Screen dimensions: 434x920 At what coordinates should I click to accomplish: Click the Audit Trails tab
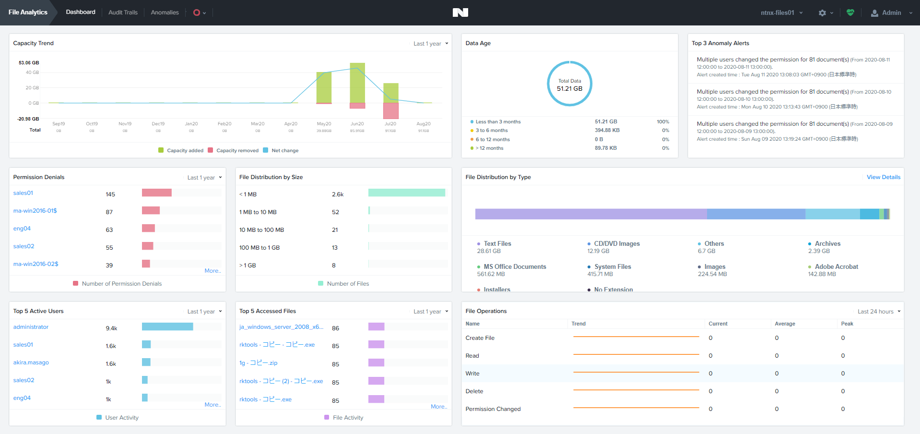tap(123, 12)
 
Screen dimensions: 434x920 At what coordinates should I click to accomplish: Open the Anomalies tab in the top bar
tap(165, 12)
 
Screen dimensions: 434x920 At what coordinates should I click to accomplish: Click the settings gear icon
tap(822, 13)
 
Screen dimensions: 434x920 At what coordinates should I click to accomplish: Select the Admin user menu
tap(891, 13)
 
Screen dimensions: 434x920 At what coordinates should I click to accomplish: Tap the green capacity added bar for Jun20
tap(357, 83)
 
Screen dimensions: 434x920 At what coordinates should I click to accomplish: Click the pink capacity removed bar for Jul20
tap(391, 111)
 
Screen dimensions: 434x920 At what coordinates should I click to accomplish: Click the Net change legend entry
tap(284, 151)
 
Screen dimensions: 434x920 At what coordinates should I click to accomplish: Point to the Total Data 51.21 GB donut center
tap(569, 84)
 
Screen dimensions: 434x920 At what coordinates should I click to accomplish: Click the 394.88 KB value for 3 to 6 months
tap(607, 131)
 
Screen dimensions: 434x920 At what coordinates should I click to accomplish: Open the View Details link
tap(883, 177)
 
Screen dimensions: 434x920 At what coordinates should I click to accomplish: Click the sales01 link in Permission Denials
tap(23, 193)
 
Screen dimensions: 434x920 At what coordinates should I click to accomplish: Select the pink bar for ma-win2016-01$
tap(151, 210)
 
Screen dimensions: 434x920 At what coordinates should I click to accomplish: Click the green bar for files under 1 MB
tap(406, 193)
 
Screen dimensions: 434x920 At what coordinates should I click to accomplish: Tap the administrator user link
tap(31, 327)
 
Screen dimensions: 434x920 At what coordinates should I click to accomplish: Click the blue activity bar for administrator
tap(167, 326)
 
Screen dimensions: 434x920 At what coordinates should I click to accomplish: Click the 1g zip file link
tap(258, 363)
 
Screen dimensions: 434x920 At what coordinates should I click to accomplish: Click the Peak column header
tap(847, 324)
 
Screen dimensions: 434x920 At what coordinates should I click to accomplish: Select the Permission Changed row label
tap(493, 409)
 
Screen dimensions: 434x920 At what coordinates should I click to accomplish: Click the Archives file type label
tap(827, 244)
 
